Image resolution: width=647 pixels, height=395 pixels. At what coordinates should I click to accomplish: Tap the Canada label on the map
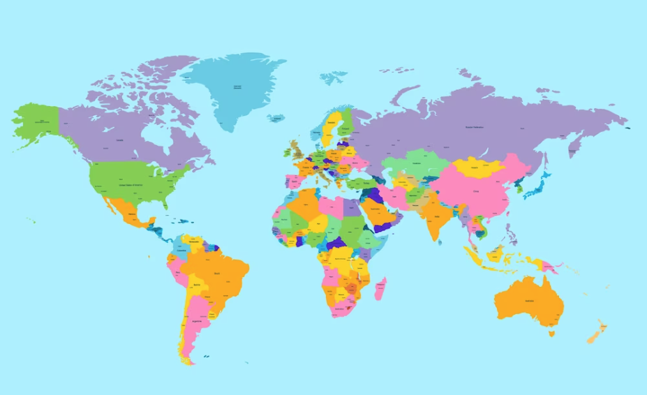[x=119, y=140]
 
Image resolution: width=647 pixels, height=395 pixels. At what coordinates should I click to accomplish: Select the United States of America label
[x=131, y=185]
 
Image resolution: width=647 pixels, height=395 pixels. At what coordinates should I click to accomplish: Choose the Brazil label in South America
[x=216, y=273]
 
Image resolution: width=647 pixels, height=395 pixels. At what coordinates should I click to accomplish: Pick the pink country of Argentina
[x=196, y=321]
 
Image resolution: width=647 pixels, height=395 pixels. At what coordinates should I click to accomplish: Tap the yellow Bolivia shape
[x=198, y=285]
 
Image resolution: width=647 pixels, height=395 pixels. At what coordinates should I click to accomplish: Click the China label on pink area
[x=477, y=190]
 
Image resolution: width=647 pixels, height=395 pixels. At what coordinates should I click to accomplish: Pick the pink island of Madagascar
[x=380, y=288]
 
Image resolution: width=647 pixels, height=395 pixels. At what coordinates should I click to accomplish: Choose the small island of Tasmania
[x=551, y=333]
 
